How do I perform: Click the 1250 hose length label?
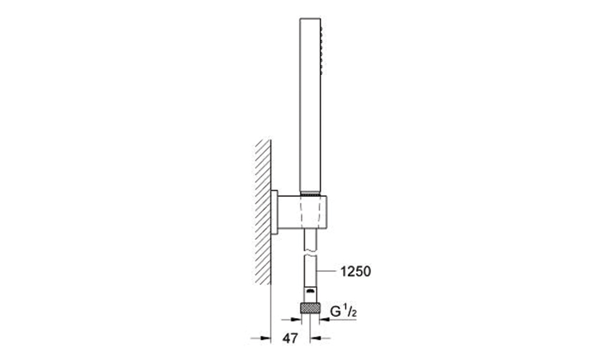pos(356,272)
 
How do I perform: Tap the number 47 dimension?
pos(290,338)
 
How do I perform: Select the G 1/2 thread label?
pos(343,311)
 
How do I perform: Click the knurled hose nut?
pos(310,308)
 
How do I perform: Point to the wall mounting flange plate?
pos(274,212)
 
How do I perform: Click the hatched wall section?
pos(263,212)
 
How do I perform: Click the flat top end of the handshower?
pos(310,18)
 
